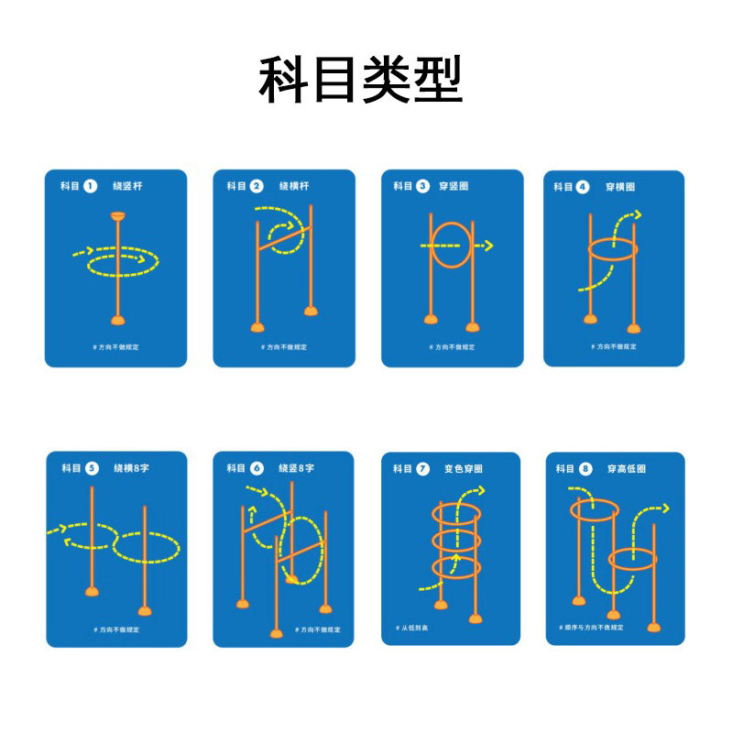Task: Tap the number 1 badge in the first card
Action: pos(90,186)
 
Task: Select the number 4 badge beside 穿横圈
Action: pos(583,187)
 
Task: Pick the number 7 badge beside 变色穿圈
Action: pos(422,468)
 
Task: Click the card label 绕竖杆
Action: pos(127,186)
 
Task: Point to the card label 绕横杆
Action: pos(294,186)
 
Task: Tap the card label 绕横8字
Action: pos(132,468)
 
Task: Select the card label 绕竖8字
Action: pos(297,468)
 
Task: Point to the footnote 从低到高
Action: pos(413,629)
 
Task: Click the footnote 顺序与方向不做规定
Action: pos(591,628)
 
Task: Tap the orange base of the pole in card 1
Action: pos(117,319)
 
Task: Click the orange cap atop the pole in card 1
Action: pos(117,216)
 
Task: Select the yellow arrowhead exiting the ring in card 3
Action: pos(488,246)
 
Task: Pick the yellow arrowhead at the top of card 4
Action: pos(636,216)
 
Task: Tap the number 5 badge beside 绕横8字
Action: pos(92,468)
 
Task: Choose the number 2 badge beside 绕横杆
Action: pos(257,186)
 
